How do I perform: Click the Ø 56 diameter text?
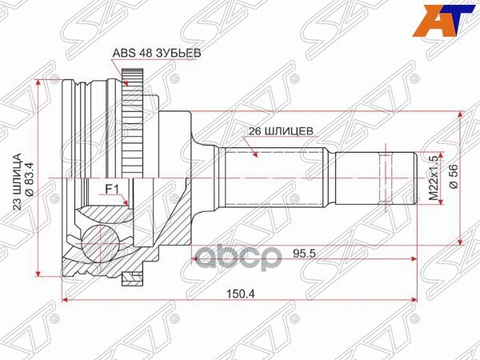click(454, 175)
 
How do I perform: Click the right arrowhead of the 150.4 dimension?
click(414, 301)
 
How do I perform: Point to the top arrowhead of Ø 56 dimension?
click(461, 114)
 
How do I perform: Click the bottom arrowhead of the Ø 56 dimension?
click(461, 238)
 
